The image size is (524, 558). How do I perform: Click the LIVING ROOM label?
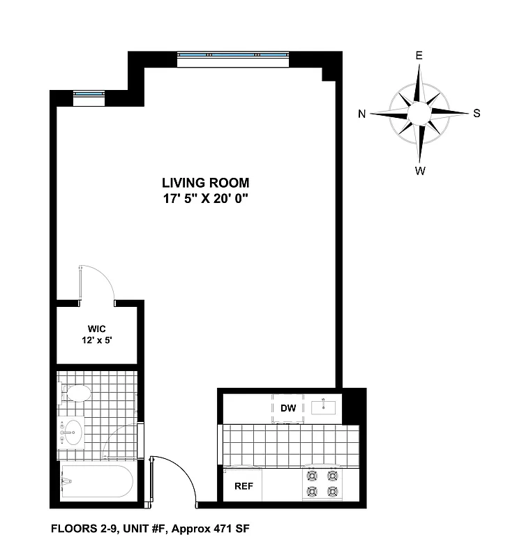coord(205,183)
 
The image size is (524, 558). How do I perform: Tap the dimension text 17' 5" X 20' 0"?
coord(205,198)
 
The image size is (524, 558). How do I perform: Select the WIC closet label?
coord(96,329)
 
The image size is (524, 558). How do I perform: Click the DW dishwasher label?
coord(288,408)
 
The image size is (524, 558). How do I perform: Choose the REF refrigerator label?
coord(243,486)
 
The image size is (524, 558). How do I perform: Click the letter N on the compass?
coord(362,114)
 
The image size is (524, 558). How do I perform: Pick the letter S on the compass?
coord(477,114)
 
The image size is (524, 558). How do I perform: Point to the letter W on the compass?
coord(420,170)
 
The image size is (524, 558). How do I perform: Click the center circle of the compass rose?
coord(419,113)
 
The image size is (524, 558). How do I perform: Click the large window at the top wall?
coord(233,59)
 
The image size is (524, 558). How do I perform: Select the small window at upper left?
coord(89,97)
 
